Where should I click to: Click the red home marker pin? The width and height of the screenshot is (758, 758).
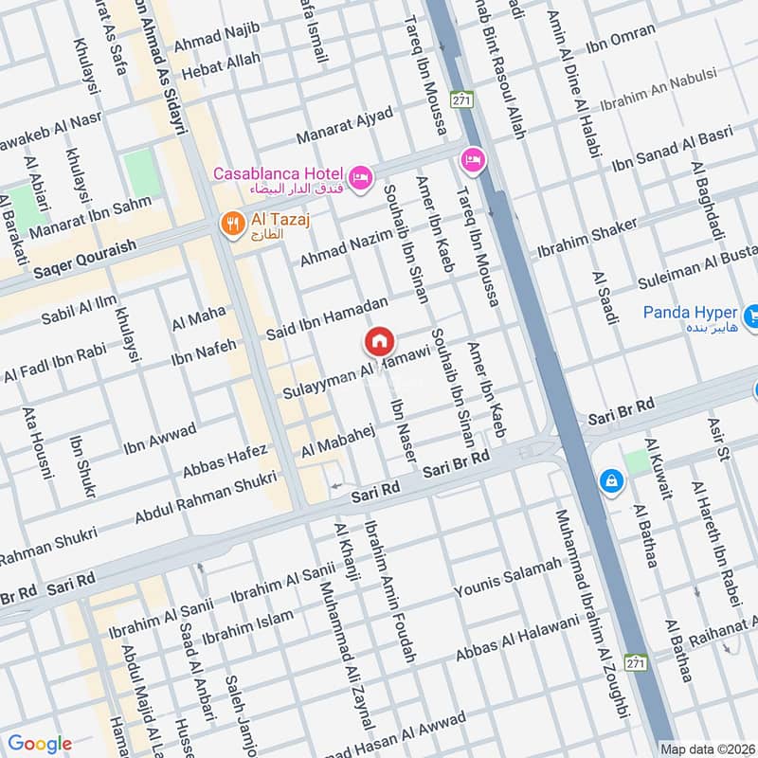tap(379, 341)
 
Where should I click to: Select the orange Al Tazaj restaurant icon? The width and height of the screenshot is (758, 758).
tap(229, 224)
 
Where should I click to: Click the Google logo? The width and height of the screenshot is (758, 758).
tap(40, 744)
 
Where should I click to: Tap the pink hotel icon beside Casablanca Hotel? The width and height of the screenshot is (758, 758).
tap(360, 177)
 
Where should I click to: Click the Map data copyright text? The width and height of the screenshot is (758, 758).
tap(708, 748)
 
